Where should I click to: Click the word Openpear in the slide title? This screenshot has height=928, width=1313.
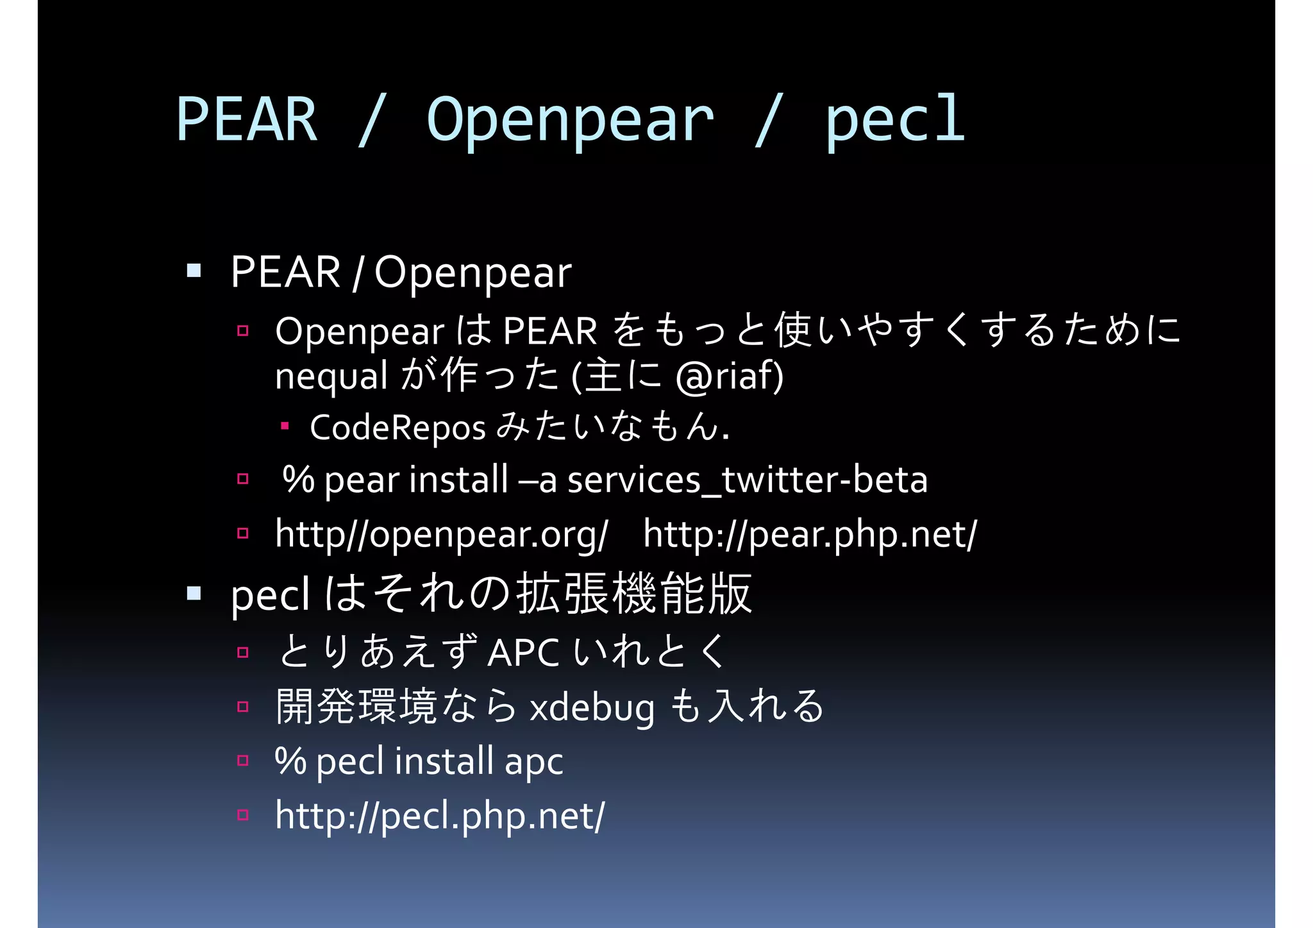[x=570, y=120]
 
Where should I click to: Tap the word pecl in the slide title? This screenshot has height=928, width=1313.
[x=895, y=120]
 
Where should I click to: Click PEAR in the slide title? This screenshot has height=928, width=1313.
[x=247, y=120]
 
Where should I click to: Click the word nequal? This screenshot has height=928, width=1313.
[x=331, y=376]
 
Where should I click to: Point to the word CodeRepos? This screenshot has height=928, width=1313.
[x=397, y=428]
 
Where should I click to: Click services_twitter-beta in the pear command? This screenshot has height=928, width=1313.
[x=748, y=480]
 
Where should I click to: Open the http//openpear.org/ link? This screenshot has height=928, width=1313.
[x=441, y=534]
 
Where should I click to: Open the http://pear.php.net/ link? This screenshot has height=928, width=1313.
[x=810, y=534]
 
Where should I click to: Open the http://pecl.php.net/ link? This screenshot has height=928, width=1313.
[x=440, y=816]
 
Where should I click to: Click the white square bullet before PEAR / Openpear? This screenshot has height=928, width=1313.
[x=194, y=271]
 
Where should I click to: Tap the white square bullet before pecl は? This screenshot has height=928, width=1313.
[x=194, y=593]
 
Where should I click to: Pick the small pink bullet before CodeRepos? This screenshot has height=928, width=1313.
[x=285, y=425]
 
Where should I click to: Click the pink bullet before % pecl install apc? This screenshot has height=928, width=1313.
[x=242, y=761]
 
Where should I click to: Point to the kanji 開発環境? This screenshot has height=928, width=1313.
[x=356, y=707]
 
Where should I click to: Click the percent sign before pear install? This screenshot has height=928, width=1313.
[x=298, y=479]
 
